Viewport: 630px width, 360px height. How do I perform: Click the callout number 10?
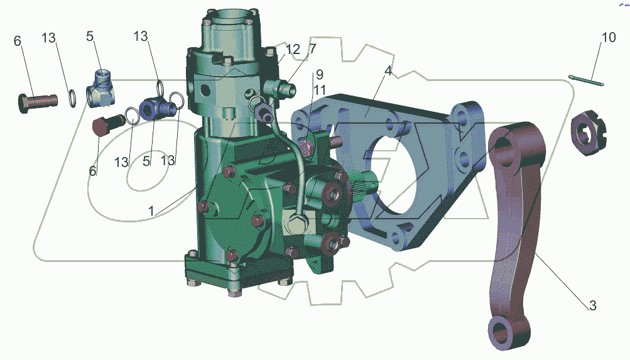click(608, 37)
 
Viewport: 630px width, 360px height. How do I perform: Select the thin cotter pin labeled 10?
click(586, 80)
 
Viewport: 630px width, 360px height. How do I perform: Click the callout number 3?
click(592, 305)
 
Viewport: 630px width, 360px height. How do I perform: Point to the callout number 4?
click(388, 71)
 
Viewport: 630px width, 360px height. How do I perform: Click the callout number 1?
click(151, 211)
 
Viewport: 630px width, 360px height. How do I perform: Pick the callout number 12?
click(293, 50)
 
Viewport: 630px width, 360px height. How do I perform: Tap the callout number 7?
click(312, 49)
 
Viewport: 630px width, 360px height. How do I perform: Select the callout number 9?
click(320, 74)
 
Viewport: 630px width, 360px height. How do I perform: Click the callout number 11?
click(320, 90)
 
